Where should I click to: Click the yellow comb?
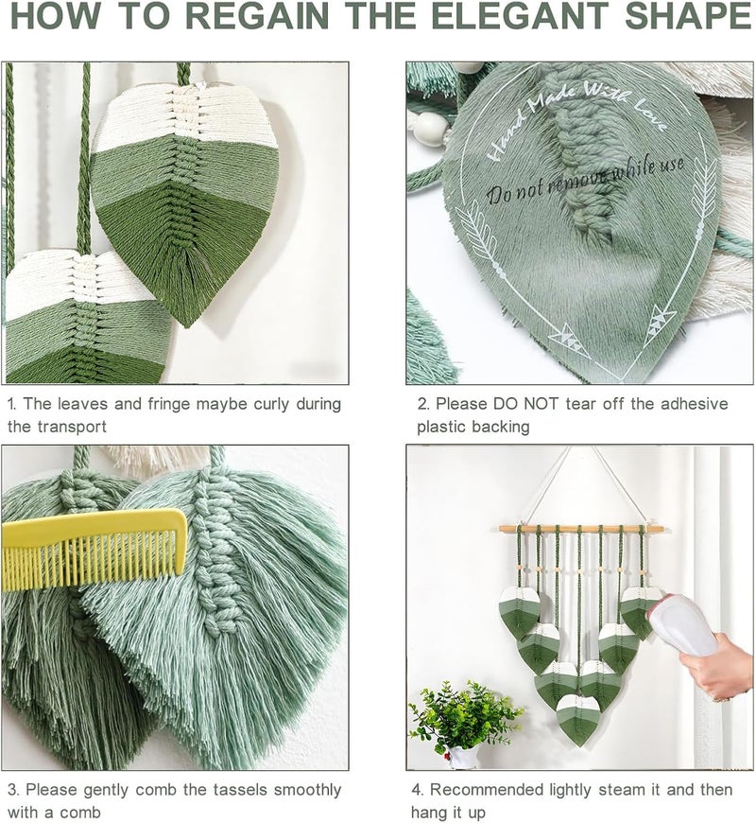coord(94,549)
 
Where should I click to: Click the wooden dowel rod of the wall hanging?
coord(581,529)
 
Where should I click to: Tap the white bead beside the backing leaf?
coord(430,126)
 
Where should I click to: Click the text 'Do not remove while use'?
coord(585,180)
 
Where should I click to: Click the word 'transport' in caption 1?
coord(73,427)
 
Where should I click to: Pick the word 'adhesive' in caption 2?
coord(695,404)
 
